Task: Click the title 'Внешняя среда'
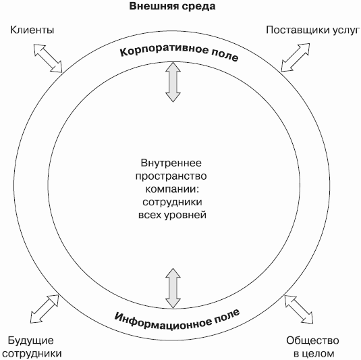172,6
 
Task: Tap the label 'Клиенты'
32,30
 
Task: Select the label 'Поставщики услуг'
312,30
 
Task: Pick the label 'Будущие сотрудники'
32,347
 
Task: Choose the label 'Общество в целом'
312,347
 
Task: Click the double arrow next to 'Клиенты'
48,58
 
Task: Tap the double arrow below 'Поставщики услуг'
296,57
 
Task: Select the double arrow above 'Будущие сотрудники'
45,309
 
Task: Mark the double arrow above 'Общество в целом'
299,309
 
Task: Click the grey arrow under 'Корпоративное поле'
173,82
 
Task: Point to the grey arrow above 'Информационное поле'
173,288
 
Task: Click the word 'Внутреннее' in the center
171,163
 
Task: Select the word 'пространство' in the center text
171,176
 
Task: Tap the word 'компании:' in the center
172,189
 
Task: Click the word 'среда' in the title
198,7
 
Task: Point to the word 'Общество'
312,340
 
